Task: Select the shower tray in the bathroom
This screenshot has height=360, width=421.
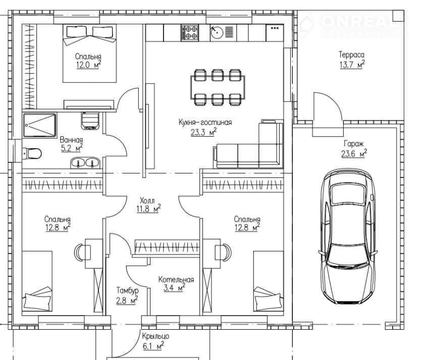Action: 39,125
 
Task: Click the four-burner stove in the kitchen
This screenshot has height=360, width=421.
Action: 190,33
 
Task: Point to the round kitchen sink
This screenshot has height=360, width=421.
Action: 217,32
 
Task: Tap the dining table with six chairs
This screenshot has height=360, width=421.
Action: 218,87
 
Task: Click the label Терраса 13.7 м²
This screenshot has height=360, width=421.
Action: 352,60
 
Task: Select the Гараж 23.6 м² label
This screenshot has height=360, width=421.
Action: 354,149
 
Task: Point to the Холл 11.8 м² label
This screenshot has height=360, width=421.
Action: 148,205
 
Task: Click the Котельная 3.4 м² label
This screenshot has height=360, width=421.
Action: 176,284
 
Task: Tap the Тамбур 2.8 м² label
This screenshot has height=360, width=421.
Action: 127,295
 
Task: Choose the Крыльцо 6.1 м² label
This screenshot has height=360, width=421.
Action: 155,341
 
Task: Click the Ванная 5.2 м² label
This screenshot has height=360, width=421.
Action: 71,144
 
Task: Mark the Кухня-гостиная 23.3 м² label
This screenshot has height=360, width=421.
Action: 205,128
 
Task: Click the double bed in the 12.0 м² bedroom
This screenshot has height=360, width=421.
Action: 90,53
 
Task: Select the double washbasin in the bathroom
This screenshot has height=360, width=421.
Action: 85,163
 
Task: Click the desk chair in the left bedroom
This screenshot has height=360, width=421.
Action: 80,252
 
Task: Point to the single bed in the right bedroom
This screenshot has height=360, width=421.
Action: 269,281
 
